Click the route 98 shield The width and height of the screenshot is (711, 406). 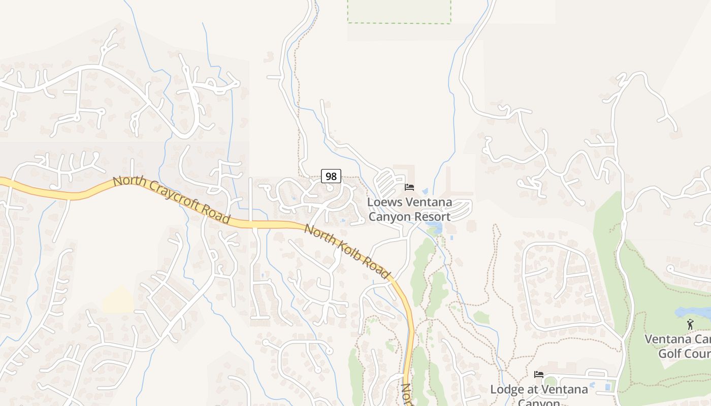click(x=331, y=177)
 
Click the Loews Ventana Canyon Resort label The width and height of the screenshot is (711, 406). click(x=409, y=209)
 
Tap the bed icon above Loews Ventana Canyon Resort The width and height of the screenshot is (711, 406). click(x=409, y=187)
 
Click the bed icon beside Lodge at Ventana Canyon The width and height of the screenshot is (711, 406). click(x=539, y=375)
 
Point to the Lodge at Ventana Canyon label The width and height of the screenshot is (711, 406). click(x=539, y=393)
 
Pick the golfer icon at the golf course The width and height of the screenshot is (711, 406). click(x=690, y=324)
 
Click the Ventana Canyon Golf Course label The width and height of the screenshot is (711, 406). click(x=678, y=346)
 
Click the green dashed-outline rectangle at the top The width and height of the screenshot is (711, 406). click(x=399, y=11)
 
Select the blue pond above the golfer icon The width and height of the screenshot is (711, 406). click(x=691, y=312)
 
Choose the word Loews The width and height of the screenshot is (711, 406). click(x=384, y=202)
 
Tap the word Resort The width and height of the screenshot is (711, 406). click(x=431, y=217)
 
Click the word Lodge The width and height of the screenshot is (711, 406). click(x=506, y=390)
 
